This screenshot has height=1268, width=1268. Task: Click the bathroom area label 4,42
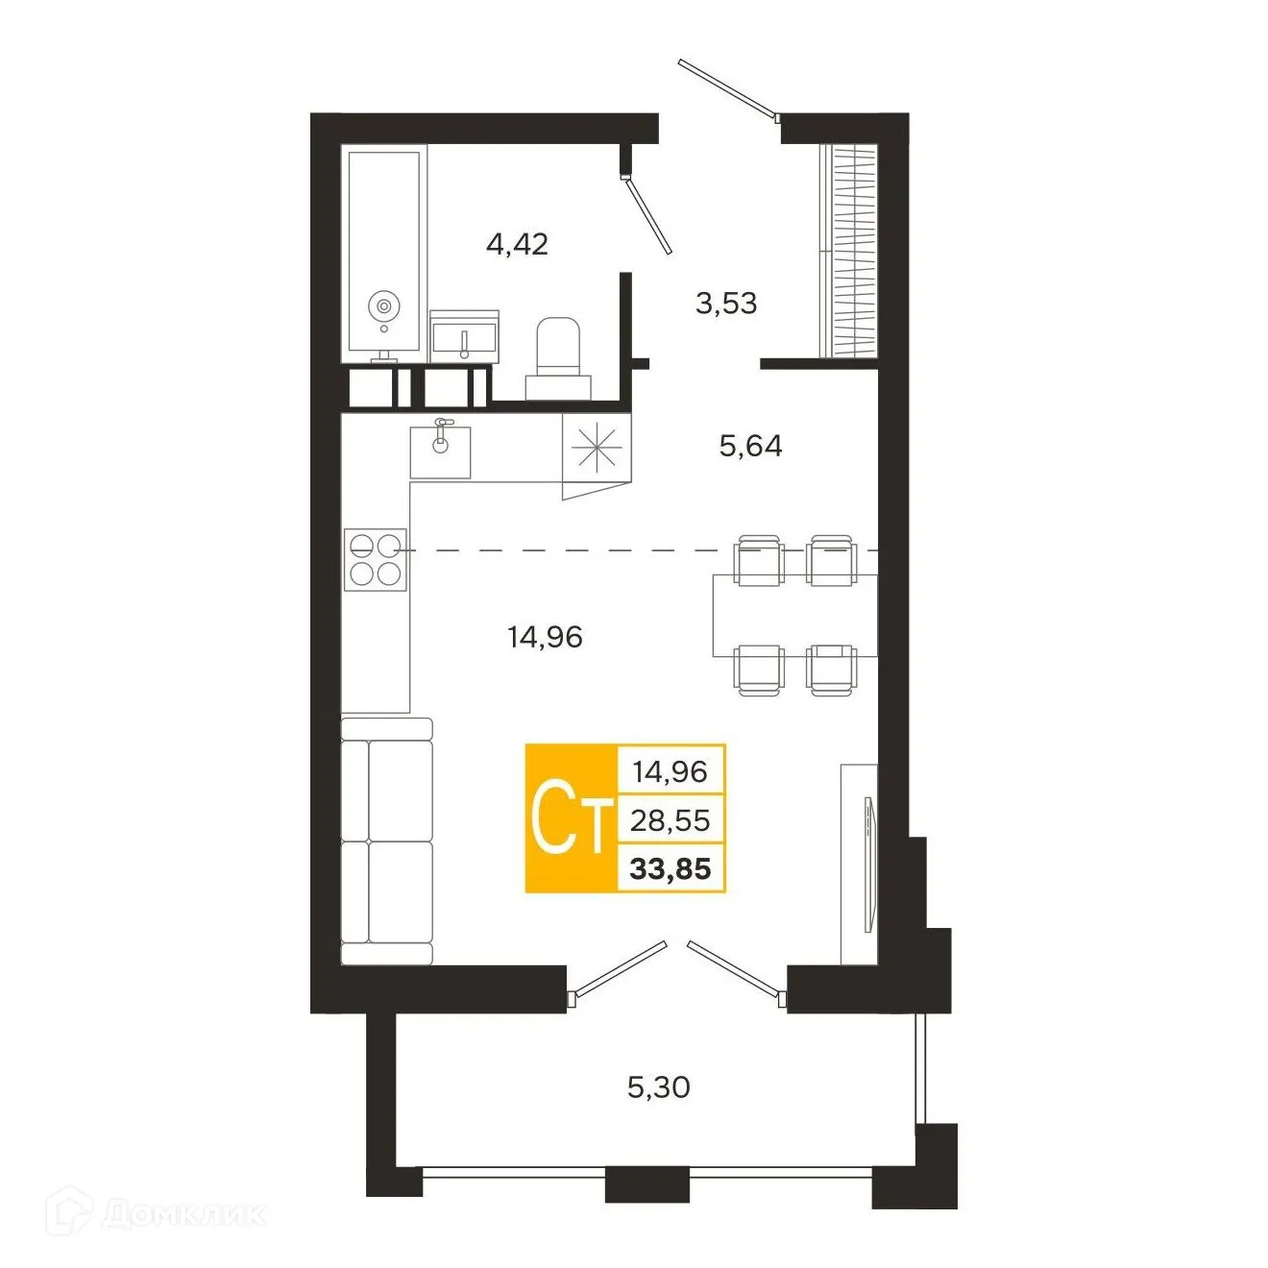tap(517, 244)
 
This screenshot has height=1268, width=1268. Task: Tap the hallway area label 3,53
tap(725, 304)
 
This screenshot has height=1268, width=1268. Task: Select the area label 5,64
tap(750, 446)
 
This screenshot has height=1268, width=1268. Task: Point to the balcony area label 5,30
tap(658, 1087)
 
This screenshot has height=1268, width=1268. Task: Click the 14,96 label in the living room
tap(545, 637)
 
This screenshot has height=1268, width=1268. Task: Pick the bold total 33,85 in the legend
tap(670, 869)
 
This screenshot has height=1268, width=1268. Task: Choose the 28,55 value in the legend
tap(670, 820)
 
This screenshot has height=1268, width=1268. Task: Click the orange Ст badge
tap(571, 818)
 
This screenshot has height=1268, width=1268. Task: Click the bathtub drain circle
tap(383, 306)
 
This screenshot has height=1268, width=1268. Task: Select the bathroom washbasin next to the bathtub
tap(464, 337)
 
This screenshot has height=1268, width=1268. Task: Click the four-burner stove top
tap(375, 559)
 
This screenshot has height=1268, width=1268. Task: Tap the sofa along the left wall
tap(387, 841)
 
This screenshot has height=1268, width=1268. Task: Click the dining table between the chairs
tap(793, 615)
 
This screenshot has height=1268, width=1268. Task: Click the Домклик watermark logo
tap(158, 1214)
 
